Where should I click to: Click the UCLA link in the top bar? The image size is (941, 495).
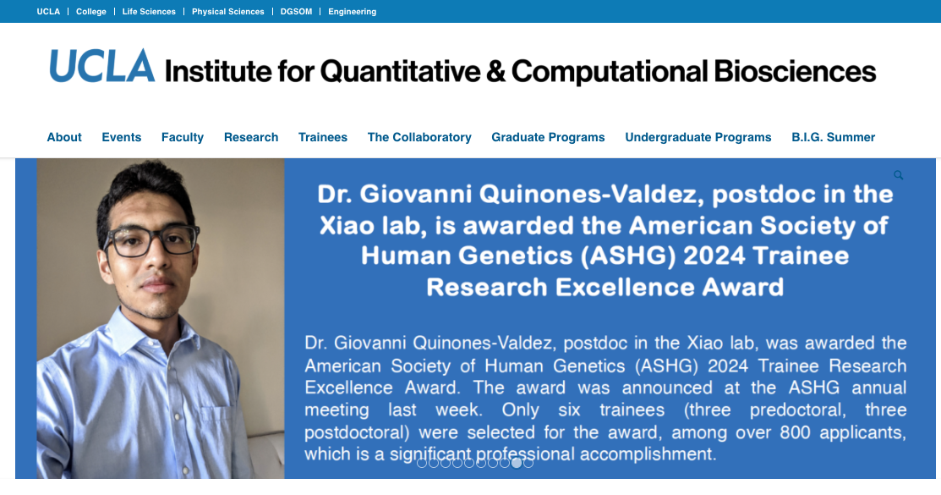point(48,11)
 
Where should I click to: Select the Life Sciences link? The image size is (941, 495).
point(149,11)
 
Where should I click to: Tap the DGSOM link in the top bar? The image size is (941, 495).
point(296,11)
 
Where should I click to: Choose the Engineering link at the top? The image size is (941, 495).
point(353,11)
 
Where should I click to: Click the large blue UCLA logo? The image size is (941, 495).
point(101,66)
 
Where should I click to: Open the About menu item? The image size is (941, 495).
point(64,137)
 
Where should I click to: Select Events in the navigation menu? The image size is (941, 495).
point(121,137)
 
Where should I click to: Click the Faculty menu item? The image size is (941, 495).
point(183,138)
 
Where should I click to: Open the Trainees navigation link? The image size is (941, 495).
point(323,137)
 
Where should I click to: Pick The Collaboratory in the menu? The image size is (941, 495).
point(419,138)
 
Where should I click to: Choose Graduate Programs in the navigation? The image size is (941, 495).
point(548,138)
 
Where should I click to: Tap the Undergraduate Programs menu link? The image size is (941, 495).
point(698,138)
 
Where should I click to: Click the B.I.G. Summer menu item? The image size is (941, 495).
point(833,137)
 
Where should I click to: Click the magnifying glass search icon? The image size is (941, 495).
point(899,175)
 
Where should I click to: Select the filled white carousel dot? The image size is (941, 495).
point(516,463)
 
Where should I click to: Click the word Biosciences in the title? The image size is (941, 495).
point(795,71)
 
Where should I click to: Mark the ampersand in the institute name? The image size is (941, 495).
point(495,71)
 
